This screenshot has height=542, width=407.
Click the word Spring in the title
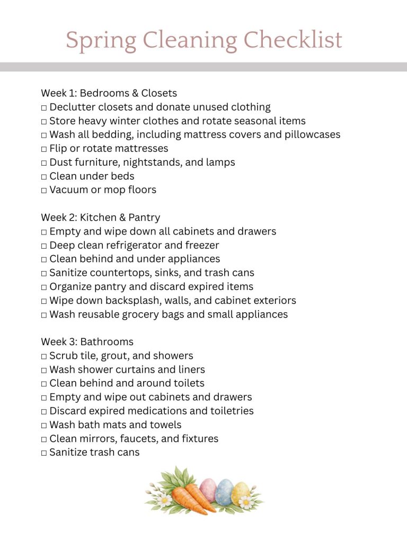[98, 41]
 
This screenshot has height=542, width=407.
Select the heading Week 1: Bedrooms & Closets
[109, 93]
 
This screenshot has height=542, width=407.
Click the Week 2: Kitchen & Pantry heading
[100, 218]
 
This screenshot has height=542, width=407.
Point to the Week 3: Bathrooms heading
[87, 342]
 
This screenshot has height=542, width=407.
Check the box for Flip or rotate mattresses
[44, 149]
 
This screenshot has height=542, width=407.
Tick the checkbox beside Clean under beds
[44, 177]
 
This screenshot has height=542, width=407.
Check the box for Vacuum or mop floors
[44, 191]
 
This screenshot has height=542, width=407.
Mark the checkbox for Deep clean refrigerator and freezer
[44, 246]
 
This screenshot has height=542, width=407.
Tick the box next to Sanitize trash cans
[44, 453]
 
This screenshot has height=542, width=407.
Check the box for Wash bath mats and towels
[44, 426]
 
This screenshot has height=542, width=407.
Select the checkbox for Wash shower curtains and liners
[44, 370]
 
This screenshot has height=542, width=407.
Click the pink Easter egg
[208, 490]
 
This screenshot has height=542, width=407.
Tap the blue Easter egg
[224, 492]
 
